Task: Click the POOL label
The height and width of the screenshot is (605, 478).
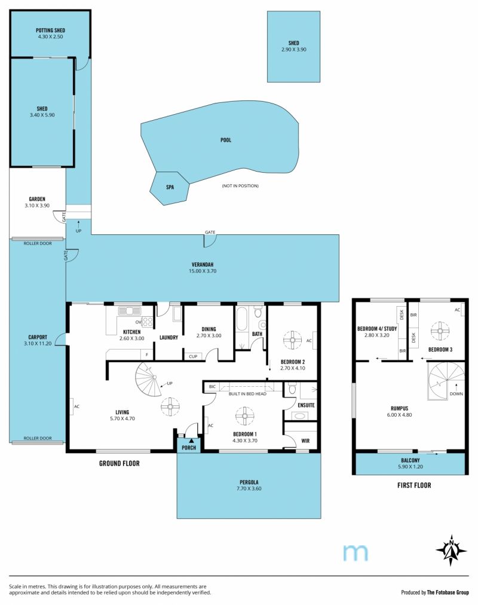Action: [x=226, y=140]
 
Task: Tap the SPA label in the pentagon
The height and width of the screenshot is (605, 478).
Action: [x=170, y=187]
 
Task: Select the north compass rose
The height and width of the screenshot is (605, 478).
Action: [x=451, y=551]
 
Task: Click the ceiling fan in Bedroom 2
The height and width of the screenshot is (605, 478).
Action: [x=293, y=340]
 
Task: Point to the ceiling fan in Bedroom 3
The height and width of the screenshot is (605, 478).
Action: [x=440, y=331]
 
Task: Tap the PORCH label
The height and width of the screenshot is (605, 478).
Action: [x=189, y=448]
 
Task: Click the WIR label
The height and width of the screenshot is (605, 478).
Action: [x=305, y=441]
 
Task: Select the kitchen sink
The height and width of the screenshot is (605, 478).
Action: [x=130, y=311]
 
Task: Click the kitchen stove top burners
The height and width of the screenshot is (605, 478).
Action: [x=148, y=322]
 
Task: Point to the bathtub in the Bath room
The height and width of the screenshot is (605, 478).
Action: [x=242, y=319]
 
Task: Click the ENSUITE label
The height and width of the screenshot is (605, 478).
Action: [x=306, y=405]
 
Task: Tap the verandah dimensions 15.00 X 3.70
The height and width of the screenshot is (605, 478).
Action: [x=203, y=271]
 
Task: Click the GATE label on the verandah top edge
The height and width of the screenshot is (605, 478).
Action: [x=210, y=233]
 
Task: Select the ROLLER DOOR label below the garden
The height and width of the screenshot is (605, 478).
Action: [x=38, y=243]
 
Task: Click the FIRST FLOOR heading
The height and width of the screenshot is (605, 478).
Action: [x=414, y=485]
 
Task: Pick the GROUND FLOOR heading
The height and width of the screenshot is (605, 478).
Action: [x=119, y=463]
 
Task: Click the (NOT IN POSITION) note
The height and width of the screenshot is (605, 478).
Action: [x=240, y=186]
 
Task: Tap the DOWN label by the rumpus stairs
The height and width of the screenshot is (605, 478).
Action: [x=456, y=394]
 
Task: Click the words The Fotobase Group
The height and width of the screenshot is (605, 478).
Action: [x=448, y=592]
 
